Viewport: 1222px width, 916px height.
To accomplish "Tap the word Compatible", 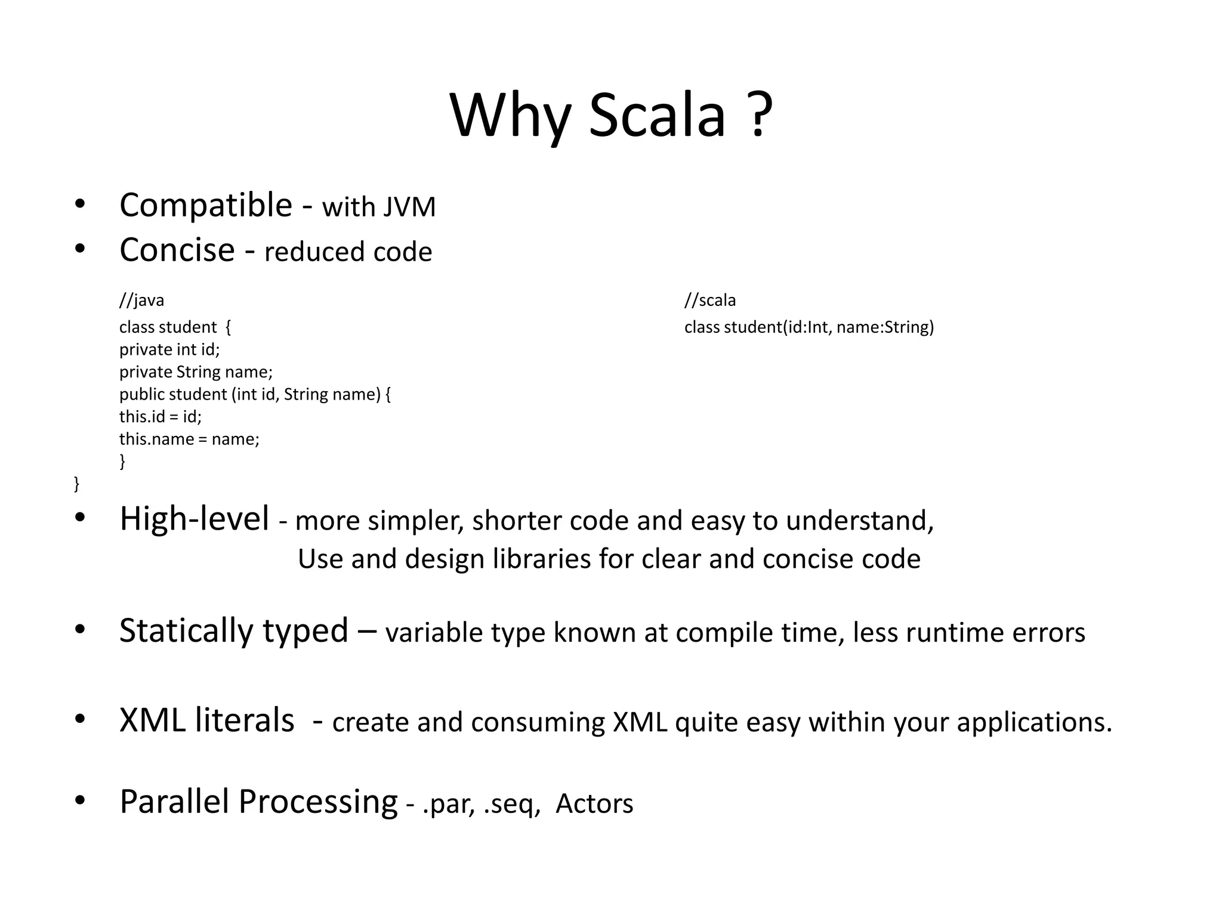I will (x=206, y=206).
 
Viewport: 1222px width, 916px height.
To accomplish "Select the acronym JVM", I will (x=409, y=208).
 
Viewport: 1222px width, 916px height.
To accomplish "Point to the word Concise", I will (x=177, y=250).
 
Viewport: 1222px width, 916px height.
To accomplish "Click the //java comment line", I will (x=141, y=300).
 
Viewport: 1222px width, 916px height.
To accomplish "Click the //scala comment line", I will (x=710, y=300).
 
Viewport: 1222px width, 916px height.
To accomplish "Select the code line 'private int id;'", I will (x=169, y=349).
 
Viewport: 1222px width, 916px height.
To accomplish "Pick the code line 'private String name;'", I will (x=196, y=372).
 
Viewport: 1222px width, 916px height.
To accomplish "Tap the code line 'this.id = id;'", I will (x=161, y=417).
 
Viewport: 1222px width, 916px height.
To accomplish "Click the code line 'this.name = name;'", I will (x=189, y=440).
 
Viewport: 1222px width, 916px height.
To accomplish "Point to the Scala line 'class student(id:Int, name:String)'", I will (x=809, y=327).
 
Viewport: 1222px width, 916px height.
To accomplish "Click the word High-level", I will (x=195, y=519).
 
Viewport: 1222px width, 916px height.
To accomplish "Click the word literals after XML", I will (x=244, y=720).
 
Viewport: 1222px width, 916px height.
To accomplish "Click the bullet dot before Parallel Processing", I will (x=80, y=800).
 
